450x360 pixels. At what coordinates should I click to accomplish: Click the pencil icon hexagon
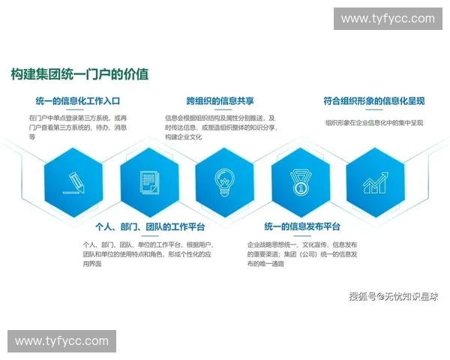point(74,181)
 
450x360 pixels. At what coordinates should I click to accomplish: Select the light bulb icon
point(224,181)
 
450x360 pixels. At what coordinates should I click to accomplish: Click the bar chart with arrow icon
point(375,181)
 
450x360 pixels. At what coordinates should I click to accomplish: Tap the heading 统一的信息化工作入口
point(77,100)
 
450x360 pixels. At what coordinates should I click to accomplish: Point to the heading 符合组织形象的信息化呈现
point(374,100)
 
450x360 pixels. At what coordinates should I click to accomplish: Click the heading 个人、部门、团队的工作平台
point(149,227)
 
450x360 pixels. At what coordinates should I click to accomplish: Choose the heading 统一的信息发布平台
point(302,227)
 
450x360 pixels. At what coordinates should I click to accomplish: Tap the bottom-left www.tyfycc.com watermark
point(62,341)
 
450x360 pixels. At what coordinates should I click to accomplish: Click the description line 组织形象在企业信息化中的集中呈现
point(374,122)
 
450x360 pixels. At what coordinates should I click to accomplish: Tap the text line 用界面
point(92,263)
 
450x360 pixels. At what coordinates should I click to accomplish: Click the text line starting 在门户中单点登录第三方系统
point(78,118)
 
